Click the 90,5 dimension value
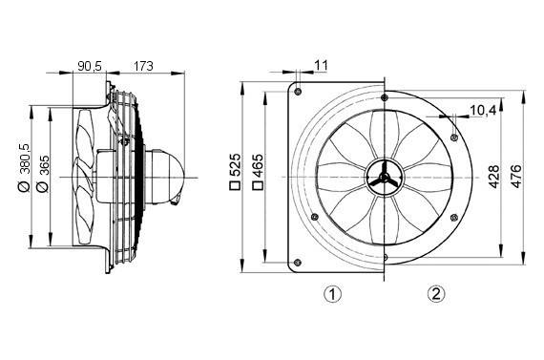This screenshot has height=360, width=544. point(90,66)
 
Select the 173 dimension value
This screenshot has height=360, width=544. point(144,66)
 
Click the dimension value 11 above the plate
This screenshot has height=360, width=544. point(321,65)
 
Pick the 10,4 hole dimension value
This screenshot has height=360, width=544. point(483,111)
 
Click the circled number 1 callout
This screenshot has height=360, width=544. point(331,293)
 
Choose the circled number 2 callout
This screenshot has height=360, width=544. point(435,293)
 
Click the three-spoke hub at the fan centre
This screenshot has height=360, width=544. point(381,178)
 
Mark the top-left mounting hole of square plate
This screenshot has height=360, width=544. point(299,93)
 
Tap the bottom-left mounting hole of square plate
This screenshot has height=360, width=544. point(299,263)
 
